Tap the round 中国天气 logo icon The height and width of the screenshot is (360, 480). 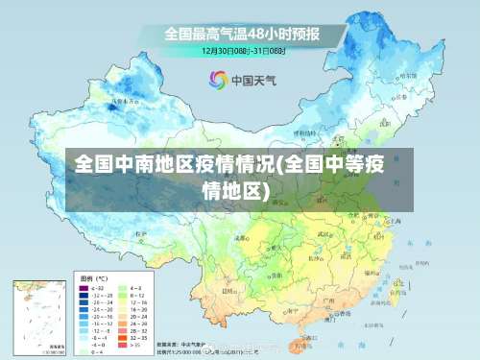click(219, 81)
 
